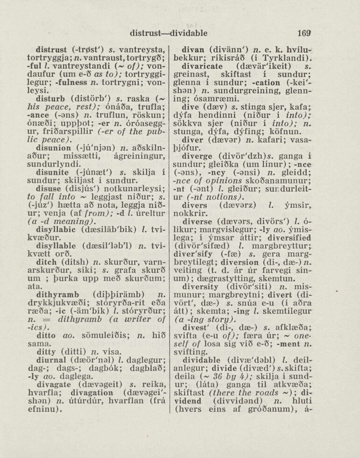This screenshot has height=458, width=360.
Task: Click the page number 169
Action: coord(304,33)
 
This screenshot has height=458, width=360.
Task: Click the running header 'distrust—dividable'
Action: coord(169,33)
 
